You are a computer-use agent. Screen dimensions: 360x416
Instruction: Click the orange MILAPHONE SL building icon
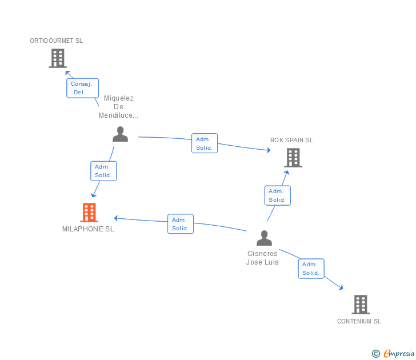[x=89, y=213]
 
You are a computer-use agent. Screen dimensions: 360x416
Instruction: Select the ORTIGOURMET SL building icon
[x=57, y=58]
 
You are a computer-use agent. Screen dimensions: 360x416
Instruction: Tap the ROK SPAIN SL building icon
[x=293, y=157]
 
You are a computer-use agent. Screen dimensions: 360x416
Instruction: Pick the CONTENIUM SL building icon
[x=360, y=304]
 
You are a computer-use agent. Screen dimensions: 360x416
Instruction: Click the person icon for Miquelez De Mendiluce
[x=120, y=134]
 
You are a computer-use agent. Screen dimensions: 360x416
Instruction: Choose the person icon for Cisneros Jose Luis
[x=264, y=238]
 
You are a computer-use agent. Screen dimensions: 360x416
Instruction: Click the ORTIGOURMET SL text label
[x=57, y=41]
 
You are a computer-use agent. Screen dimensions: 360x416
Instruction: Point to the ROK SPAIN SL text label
[x=292, y=140]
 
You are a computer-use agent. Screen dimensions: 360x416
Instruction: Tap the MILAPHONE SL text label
[x=89, y=229]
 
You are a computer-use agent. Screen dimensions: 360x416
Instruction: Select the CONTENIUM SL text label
[x=359, y=321]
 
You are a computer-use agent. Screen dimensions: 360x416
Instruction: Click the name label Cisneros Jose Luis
[x=262, y=258]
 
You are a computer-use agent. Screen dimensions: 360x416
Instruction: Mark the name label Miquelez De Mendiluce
[x=118, y=107]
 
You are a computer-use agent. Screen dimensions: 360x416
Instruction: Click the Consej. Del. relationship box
[x=82, y=88]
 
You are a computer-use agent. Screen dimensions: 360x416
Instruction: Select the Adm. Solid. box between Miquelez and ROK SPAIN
[x=204, y=143]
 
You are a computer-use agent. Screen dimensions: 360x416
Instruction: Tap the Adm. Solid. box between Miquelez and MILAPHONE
[x=103, y=171]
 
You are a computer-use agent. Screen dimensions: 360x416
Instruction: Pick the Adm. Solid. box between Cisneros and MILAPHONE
[x=181, y=224]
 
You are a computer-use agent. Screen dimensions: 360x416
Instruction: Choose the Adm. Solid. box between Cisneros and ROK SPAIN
[x=277, y=195]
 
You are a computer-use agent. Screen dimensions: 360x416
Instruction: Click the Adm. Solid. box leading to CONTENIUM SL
[x=311, y=269]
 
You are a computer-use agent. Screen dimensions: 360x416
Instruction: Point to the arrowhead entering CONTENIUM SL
[x=341, y=288]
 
